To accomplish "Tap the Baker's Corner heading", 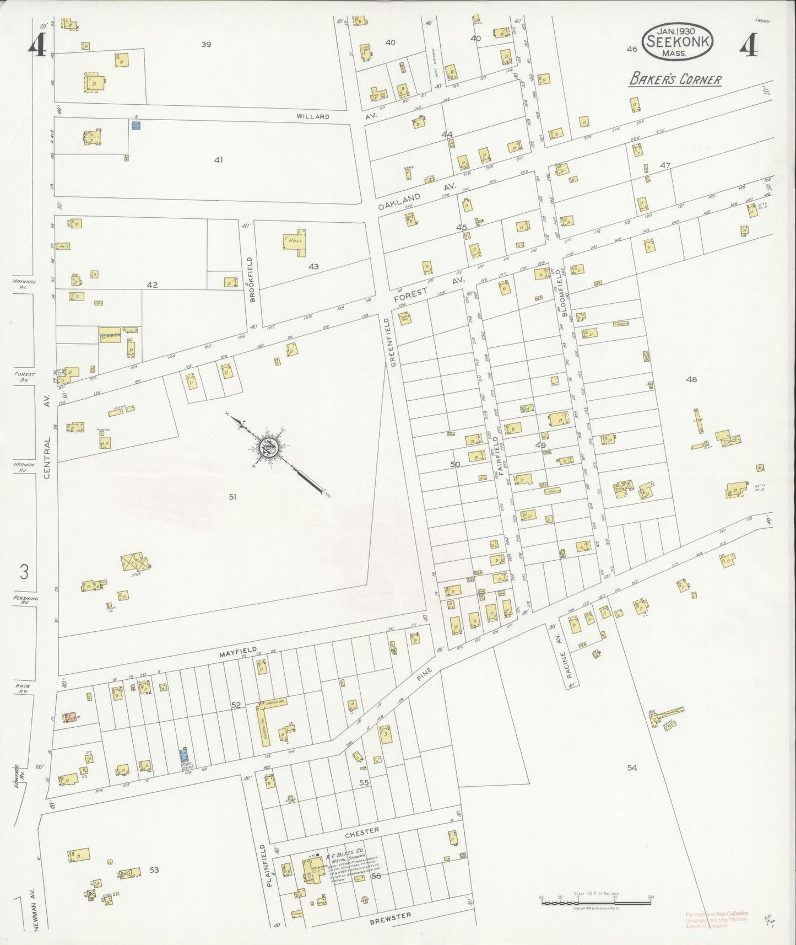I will click(675, 79).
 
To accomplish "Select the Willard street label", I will click(312, 117).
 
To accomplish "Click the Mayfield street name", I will click(238, 652).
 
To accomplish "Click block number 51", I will click(232, 497).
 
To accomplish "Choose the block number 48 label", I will click(691, 379).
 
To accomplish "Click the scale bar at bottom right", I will click(595, 902).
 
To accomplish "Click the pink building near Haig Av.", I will click(71, 718).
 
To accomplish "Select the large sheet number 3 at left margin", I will click(24, 572).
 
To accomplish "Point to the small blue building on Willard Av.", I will click(136, 125).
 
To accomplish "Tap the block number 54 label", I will click(631, 767).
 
